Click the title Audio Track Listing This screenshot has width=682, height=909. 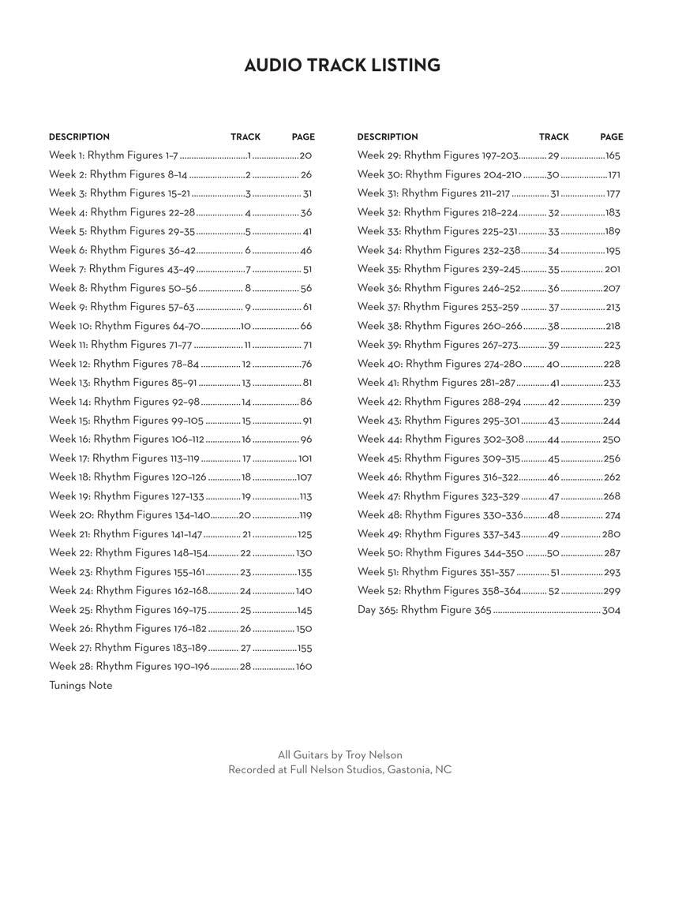342,65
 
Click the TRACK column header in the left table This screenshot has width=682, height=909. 245,137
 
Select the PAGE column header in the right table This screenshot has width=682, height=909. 611,137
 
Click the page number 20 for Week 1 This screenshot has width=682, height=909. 305,155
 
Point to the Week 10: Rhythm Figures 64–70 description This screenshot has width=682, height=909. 125,326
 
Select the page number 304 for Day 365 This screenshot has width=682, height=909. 611,610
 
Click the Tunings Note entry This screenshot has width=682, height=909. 81,686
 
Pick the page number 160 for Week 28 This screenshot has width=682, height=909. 304,667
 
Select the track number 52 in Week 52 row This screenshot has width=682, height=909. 554,591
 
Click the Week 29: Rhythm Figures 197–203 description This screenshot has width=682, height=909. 437,155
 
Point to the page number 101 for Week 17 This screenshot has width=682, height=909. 305,458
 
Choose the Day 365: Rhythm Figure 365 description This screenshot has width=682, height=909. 424,610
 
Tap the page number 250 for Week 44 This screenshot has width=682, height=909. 611,440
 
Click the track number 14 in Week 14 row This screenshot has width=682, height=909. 246,402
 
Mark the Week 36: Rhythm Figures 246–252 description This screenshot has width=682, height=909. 438,288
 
